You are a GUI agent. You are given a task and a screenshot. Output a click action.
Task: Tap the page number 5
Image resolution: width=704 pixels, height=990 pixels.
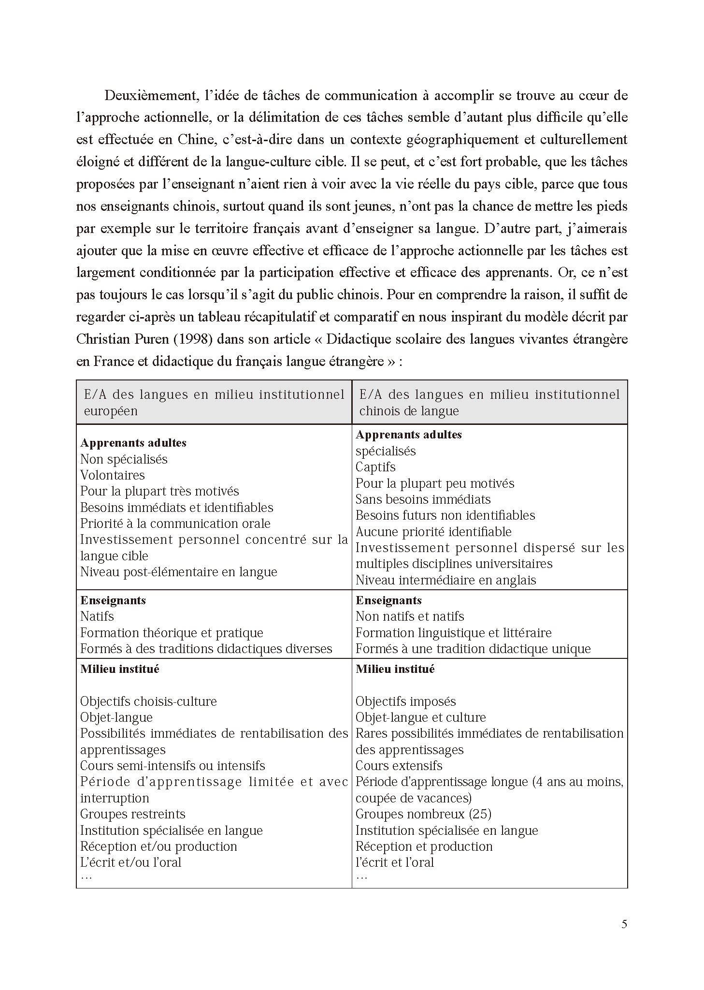pyautogui.click(x=624, y=924)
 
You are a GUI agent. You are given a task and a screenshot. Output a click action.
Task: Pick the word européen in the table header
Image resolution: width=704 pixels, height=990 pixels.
pyautogui.click(x=111, y=411)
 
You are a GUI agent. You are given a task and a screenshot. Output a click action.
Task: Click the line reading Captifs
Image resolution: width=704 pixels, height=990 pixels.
pyautogui.click(x=375, y=467)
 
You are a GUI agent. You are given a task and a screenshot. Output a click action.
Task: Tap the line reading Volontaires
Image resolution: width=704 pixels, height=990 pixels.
pyautogui.click(x=112, y=475)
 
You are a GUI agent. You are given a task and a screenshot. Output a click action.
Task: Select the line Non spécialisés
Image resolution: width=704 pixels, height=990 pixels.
pyautogui.click(x=124, y=459)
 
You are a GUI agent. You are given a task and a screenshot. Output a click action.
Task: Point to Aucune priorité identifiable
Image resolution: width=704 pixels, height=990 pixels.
pyautogui.click(x=433, y=532)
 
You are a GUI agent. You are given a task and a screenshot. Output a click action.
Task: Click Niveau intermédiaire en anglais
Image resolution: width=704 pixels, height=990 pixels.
pyautogui.click(x=445, y=580)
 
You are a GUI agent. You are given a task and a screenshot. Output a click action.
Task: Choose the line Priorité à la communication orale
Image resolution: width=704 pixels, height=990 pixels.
pyautogui.click(x=175, y=524)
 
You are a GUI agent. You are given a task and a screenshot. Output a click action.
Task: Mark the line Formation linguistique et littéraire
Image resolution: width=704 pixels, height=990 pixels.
pyautogui.click(x=453, y=633)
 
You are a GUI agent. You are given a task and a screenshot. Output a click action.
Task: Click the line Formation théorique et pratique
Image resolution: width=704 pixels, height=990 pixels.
pyautogui.click(x=172, y=633)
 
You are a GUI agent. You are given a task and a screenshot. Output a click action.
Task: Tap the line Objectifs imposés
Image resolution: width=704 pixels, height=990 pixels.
pyautogui.click(x=405, y=701)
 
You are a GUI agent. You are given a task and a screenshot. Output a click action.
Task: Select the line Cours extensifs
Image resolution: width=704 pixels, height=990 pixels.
pyautogui.click(x=399, y=766)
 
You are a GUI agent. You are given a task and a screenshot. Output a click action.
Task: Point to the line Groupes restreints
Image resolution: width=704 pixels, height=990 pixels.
pyautogui.click(x=132, y=814)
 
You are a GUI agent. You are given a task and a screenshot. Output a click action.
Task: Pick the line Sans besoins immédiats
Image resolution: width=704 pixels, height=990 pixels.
pyautogui.click(x=423, y=499)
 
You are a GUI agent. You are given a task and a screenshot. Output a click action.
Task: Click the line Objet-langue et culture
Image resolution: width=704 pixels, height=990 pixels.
pyautogui.click(x=420, y=717)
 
